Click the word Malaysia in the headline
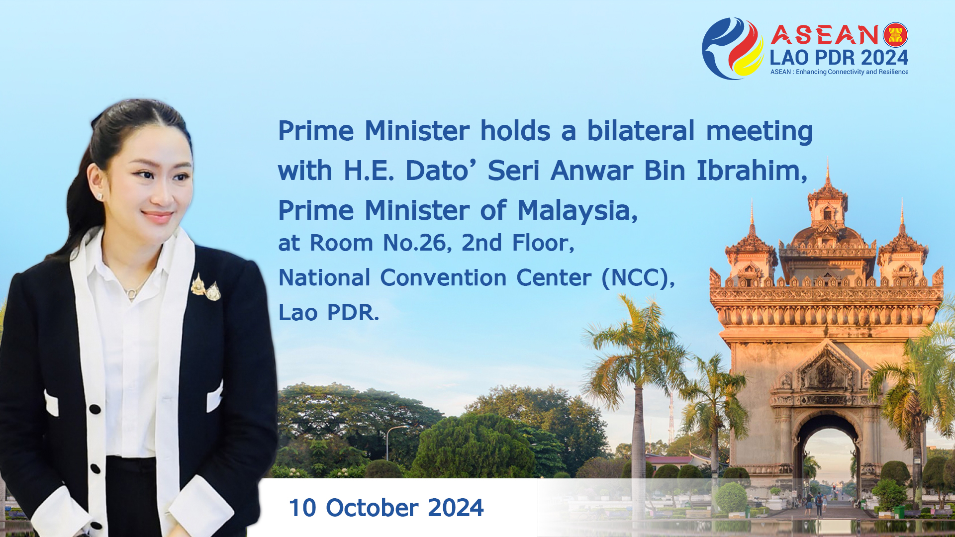pos(577,210)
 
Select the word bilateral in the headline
pos(641,131)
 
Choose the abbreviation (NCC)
pos(638,277)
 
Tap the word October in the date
pos(372,508)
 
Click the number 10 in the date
pos(302,508)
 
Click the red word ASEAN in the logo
pos(825,35)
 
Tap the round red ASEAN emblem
pos(895,35)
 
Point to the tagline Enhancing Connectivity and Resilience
pos(852,72)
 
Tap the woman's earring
pos(99,197)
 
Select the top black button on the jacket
pos(95,409)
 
